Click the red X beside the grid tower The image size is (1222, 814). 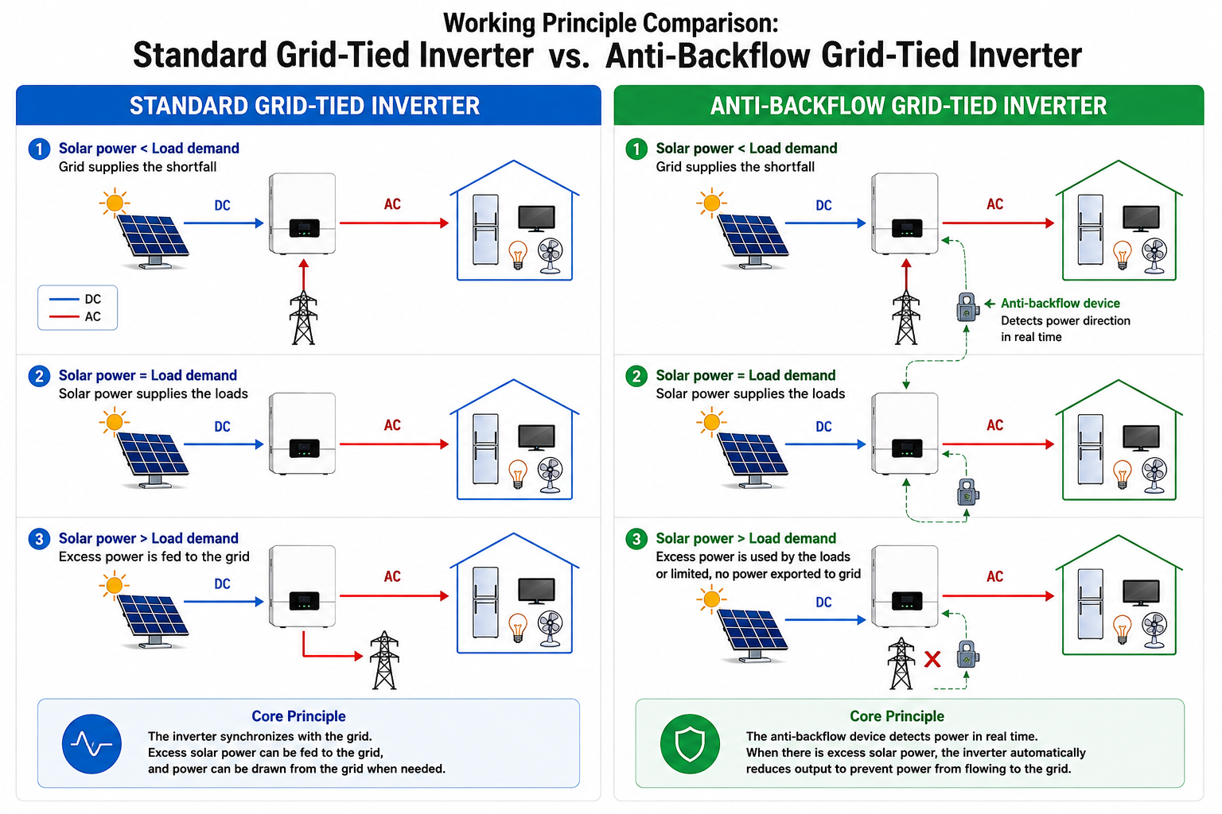(932, 660)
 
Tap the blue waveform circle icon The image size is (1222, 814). (91, 744)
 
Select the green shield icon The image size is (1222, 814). (690, 744)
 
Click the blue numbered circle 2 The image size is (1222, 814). (39, 376)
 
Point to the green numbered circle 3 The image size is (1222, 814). (636, 539)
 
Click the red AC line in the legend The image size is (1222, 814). (64, 316)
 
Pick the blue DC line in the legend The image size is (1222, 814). (64, 299)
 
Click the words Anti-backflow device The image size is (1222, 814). (1060, 303)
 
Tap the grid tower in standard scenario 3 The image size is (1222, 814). (384, 660)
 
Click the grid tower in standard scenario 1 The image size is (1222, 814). (303, 318)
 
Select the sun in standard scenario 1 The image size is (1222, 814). (115, 203)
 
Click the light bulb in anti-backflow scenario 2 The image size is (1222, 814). (1122, 475)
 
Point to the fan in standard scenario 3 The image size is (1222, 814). (550, 629)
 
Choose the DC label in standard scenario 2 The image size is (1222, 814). (222, 426)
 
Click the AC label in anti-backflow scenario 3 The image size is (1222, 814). (994, 576)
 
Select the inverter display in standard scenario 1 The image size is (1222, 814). (305, 228)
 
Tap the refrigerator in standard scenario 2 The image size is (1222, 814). (485, 448)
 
